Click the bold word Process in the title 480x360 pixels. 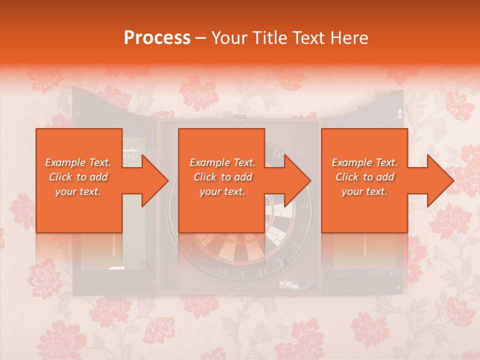click(x=157, y=38)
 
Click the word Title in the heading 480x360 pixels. click(x=273, y=38)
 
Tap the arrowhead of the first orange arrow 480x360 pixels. click(x=155, y=180)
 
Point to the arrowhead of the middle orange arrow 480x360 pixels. click(x=298, y=180)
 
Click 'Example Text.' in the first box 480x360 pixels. click(x=78, y=162)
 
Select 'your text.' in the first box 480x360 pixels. click(x=78, y=191)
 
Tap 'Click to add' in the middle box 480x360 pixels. click(x=222, y=177)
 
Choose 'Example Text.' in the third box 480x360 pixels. click(x=364, y=162)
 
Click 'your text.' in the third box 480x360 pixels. click(x=364, y=191)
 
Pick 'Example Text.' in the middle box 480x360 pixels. click(x=222, y=162)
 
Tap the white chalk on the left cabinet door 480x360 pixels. click(x=116, y=268)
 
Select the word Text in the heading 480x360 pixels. click(x=312, y=38)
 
